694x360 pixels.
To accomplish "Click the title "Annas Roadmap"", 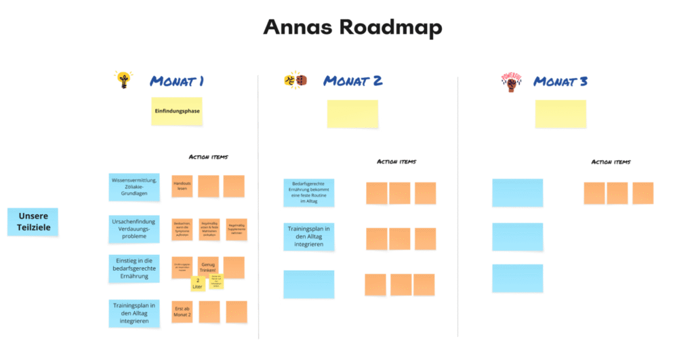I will click(352, 28).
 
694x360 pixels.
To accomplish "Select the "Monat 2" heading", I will click(352, 81).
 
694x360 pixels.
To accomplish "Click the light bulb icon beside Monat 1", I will click(123, 80).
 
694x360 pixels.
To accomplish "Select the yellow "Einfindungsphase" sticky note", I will click(177, 111).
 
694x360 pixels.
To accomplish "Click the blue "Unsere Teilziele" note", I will click(33, 222).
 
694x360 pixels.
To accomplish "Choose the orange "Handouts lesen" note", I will click(182, 186).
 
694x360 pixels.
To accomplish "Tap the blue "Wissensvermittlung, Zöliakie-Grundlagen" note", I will click(134, 186).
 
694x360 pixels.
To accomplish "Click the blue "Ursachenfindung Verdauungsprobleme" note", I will click(134, 229).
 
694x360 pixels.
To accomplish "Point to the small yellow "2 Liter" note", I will click(198, 284).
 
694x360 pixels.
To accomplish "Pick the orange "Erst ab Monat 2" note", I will click(182, 312).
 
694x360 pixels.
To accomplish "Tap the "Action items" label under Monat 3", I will click(611, 162).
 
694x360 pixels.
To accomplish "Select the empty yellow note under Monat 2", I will click(352, 114).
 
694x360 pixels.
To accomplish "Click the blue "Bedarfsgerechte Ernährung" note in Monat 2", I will click(308, 192).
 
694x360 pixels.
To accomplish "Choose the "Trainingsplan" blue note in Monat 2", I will click(308, 237).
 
